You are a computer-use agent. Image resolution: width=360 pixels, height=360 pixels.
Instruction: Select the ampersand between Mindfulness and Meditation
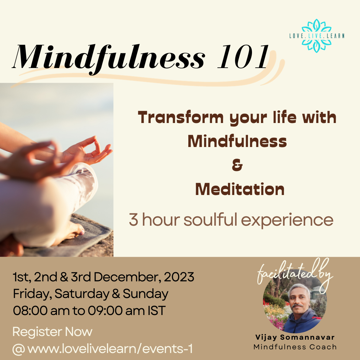[x=237, y=166]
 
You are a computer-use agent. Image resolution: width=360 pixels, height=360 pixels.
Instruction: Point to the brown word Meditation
[x=240, y=190]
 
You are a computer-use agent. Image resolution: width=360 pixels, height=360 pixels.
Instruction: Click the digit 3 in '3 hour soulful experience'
[x=134, y=220]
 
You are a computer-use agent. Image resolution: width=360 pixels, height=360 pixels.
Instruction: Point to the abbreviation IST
[x=156, y=311]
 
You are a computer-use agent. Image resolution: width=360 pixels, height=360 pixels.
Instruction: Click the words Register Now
[x=52, y=332]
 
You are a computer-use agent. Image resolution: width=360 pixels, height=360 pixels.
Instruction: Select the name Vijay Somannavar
[x=295, y=338]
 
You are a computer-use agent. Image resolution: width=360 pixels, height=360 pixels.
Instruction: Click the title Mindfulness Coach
[x=295, y=347]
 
